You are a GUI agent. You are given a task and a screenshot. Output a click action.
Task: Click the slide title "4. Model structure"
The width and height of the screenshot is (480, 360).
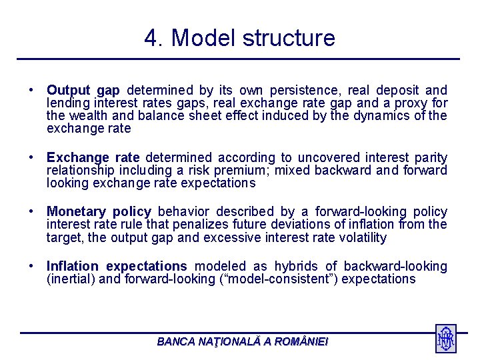[239, 38]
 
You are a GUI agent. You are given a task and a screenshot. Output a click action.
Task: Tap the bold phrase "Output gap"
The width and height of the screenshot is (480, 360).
[83, 90]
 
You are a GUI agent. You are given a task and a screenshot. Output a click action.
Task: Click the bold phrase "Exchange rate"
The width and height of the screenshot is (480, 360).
[93, 158]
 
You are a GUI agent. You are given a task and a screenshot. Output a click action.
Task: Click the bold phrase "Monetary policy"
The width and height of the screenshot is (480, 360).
[99, 212]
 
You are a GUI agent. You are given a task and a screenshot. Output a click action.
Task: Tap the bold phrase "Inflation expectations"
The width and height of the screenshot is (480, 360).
[117, 267]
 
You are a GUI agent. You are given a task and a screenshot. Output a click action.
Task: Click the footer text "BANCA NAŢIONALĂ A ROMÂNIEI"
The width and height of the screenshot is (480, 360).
[243, 341]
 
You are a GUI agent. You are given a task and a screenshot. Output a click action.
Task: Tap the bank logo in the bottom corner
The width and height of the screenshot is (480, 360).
[445, 339]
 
